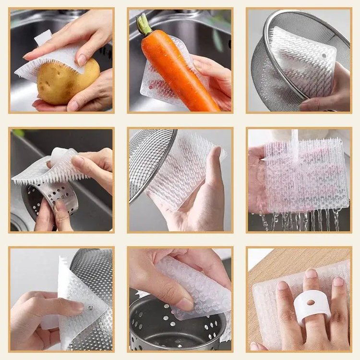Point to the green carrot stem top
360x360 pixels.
pos(144,24)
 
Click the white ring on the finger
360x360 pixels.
pos(312,305)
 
